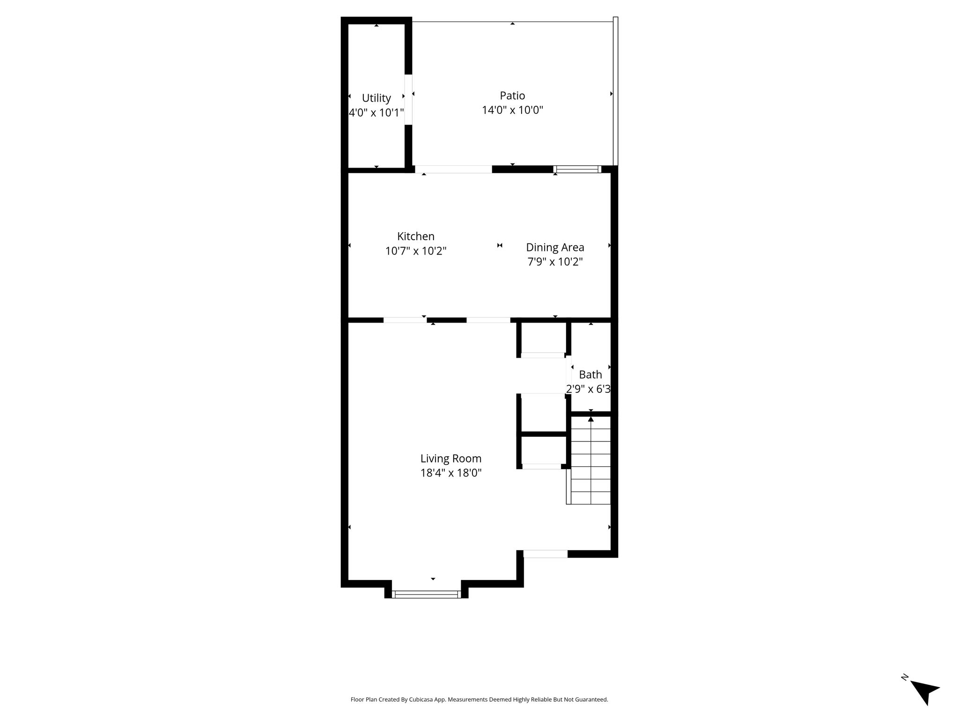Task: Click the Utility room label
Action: click(x=376, y=98)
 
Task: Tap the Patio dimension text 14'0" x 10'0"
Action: click(x=513, y=110)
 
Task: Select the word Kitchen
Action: click(x=416, y=236)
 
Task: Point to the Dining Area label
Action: click(x=555, y=247)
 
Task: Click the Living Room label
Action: click(x=451, y=459)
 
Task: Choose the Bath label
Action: click(x=590, y=374)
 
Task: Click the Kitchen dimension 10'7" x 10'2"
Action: click(x=416, y=251)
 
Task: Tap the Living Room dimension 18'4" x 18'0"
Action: click(x=451, y=473)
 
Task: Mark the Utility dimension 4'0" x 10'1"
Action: click(x=376, y=113)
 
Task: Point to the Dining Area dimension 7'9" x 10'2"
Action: click(x=555, y=262)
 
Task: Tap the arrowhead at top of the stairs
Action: click(x=591, y=419)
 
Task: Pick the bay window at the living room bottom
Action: click(x=426, y=594)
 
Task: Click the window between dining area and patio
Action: click(x=577, y=169)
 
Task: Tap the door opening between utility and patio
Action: click(x=408, y=99)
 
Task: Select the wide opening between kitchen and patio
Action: click(x=453, y=169)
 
